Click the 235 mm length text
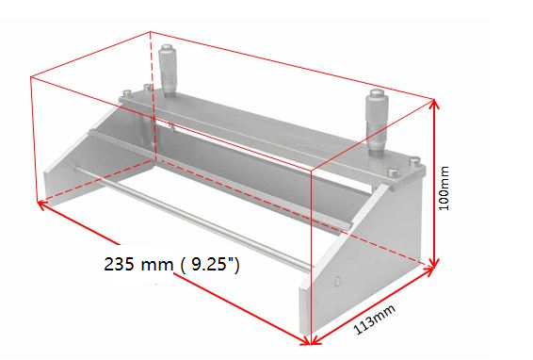(131, 265)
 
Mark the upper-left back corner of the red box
(151, 32)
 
